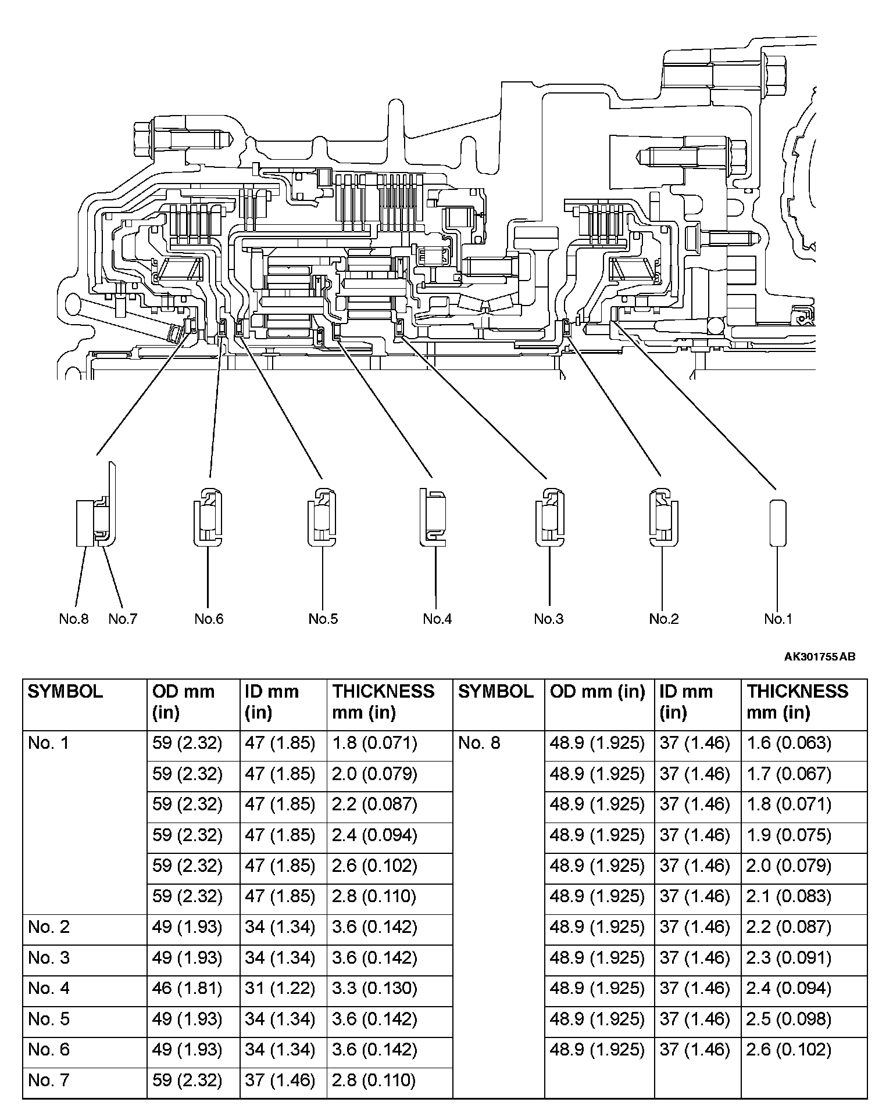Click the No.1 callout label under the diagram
coord(778,619)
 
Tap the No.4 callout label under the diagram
coord(437,619)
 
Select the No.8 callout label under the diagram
coord(74,619)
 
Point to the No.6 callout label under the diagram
coord(209,619)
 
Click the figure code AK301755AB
coord(820,657)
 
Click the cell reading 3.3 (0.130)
coord(374,988)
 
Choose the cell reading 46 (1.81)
coord(187,988)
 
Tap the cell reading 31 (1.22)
coord(280,988)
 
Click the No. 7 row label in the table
coord(49,1080)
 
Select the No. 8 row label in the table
coord(479,743)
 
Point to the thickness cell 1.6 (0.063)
coord(789,743)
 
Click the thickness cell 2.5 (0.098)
coord(789,1019)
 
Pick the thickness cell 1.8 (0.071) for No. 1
coord(374,743)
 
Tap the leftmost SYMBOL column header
coord(65,692)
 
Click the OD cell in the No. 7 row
coord(187,1080)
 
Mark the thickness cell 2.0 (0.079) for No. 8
coord(789,866)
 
